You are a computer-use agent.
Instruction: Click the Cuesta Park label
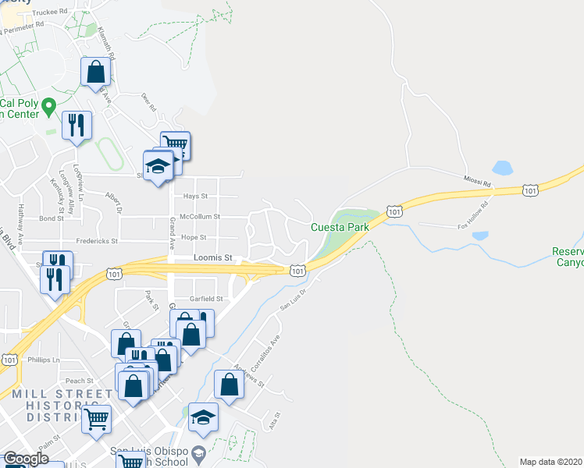340,227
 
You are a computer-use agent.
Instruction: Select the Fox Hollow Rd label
477,211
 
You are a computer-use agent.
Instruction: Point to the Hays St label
195,197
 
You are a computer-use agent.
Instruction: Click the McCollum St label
200,217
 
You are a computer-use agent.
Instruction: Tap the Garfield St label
207,299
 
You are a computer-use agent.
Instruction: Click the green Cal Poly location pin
48,105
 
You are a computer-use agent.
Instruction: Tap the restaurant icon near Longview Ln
77,125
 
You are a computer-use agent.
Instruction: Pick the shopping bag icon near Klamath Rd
95,72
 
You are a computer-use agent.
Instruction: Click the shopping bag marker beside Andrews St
228,385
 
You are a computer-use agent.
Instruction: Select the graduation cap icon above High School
203,417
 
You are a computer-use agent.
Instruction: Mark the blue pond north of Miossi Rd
502,168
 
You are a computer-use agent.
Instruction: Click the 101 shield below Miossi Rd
531,190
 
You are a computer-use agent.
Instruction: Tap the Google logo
25,459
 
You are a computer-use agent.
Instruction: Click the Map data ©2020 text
550,461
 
